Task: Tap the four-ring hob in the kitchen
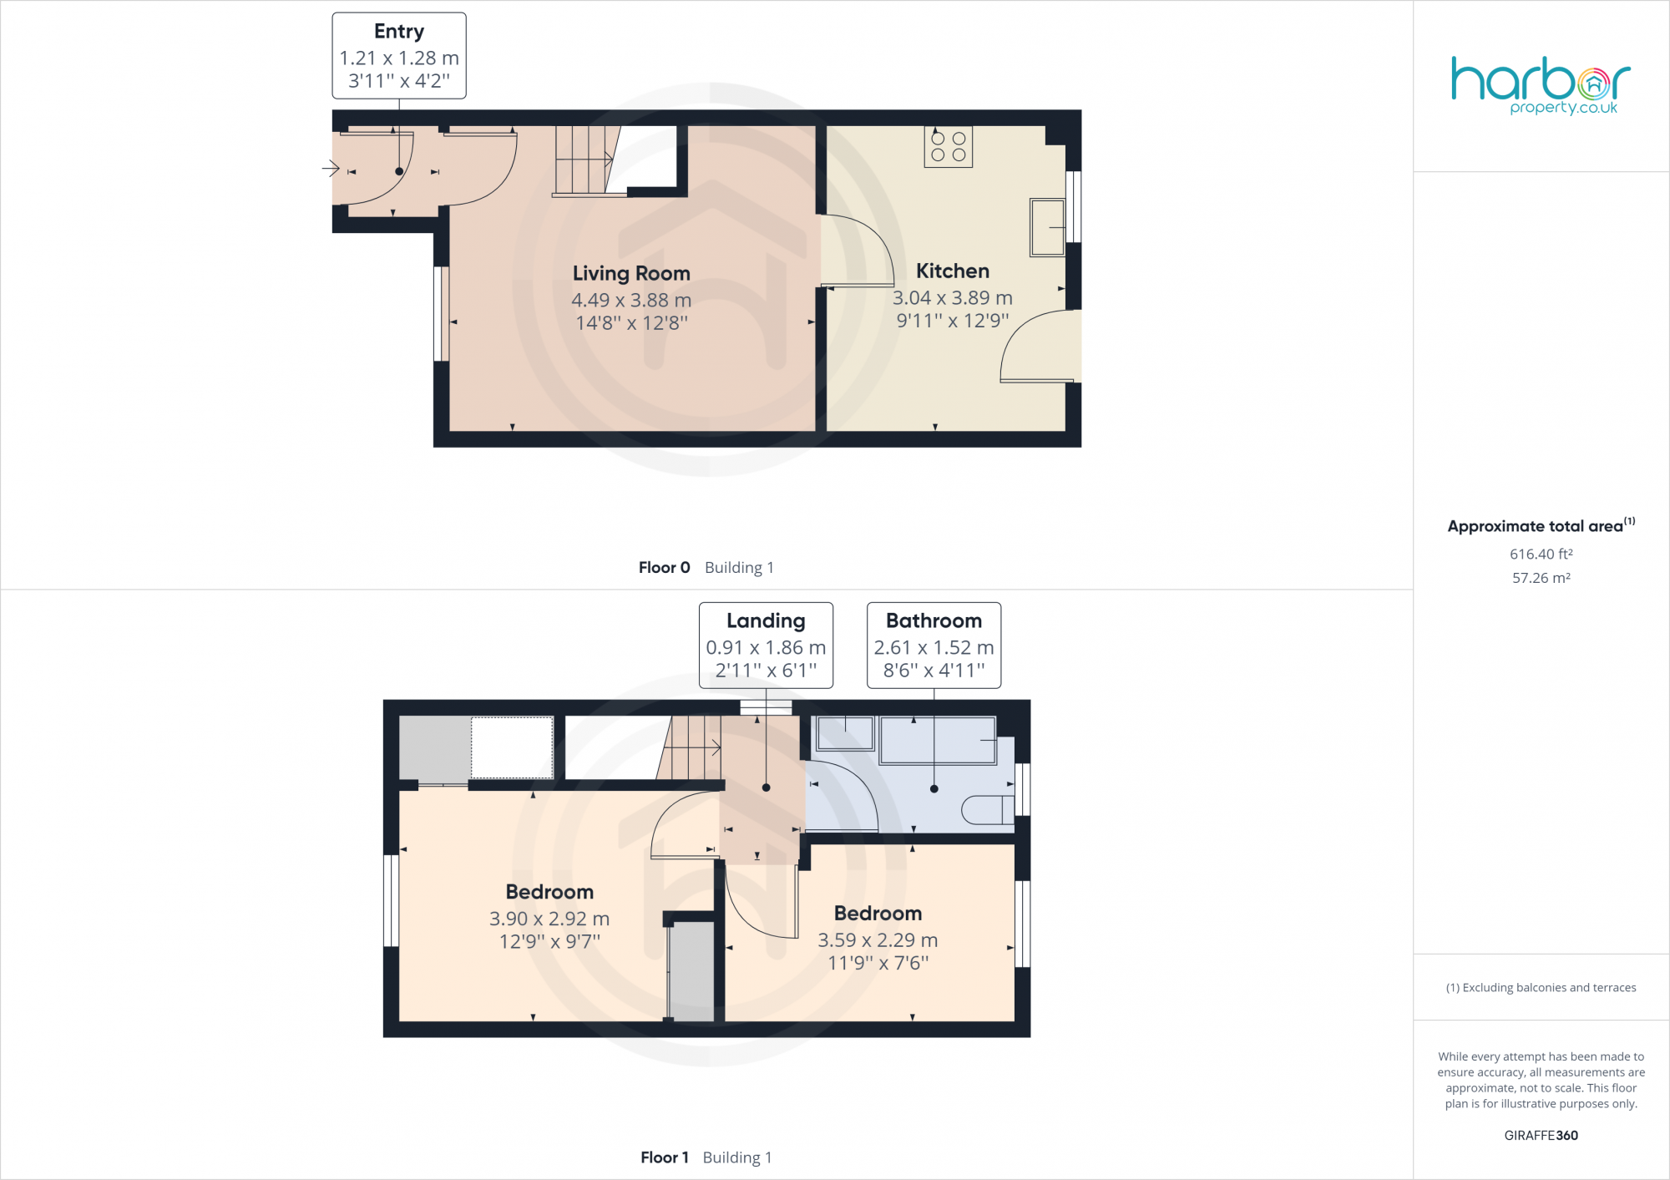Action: pos(948,147)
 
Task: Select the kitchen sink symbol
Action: pos(1047,226)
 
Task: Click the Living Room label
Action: pos(631,274)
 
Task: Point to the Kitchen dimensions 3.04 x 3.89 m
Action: pos(952,298)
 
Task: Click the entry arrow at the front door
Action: pos(331,170)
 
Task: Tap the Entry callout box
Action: pos(399,56)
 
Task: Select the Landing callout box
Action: pos(766,646)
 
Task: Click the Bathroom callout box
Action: pos(934,646)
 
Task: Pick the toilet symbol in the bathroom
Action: pos(987,810)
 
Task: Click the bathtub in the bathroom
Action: pos(938,740)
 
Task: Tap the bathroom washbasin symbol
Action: pos(845,734)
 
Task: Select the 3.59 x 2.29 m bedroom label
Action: pos(878,939)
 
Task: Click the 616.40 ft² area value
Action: pos(1541,555)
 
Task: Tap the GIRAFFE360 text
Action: pos(1541,1136)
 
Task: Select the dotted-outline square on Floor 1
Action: pos(512,747)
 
